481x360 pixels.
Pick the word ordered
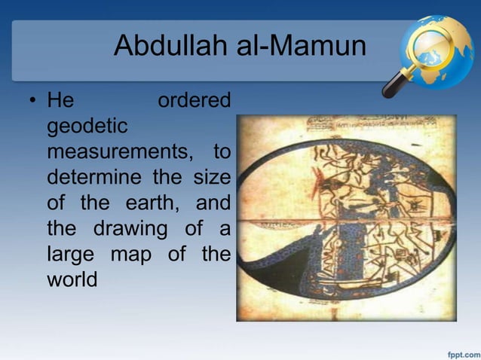tap(194, 100)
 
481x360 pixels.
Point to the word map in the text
tap(136, 255)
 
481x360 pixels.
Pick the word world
tap(72, 279)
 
